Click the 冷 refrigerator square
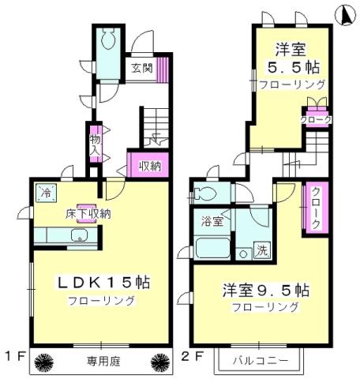[x=47, y=193]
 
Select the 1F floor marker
[x=11, y=355]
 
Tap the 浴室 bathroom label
[x=212, y=222]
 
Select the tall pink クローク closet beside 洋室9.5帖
[x=315, y=208]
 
